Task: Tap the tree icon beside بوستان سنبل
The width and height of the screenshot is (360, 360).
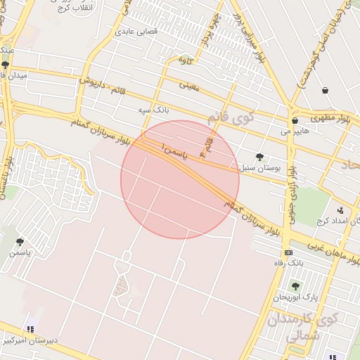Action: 260,157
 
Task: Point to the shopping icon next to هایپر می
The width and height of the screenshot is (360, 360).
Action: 295,120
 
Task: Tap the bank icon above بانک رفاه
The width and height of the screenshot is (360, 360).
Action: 288,252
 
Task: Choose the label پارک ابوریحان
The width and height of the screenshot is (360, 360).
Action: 302,297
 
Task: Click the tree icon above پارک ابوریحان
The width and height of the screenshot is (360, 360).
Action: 295,286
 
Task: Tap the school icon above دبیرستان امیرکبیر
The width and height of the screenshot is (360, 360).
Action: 30,329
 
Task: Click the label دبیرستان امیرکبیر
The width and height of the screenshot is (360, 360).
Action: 30,340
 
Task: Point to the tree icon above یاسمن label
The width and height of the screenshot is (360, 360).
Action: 20,242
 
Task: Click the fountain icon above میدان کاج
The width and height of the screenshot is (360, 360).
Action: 6,65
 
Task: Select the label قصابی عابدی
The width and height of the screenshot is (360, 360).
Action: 134,32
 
